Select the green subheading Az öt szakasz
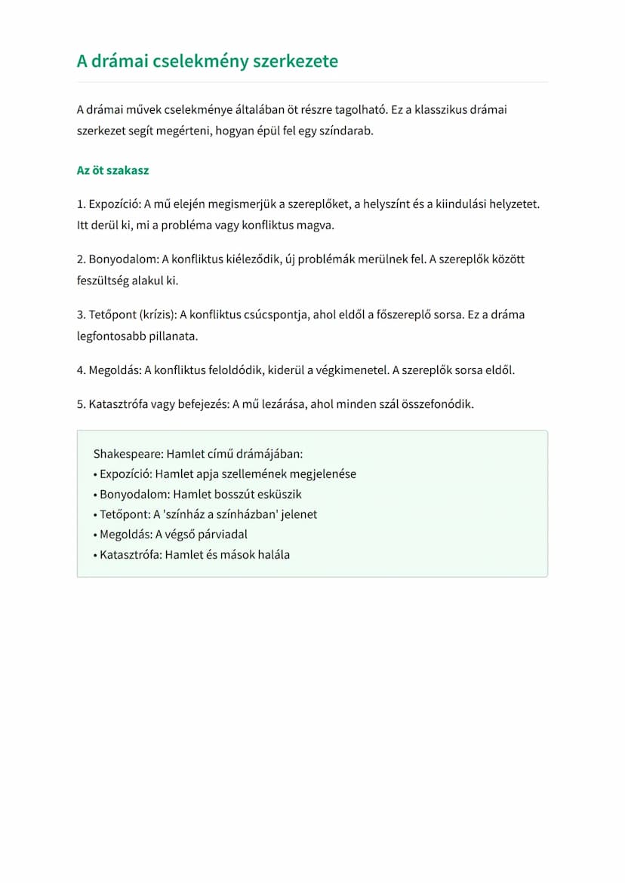point(112,170)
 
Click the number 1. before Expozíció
point(81,204)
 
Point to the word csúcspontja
point(275,314)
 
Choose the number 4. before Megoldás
point(81,370)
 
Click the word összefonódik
point(440,404)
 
